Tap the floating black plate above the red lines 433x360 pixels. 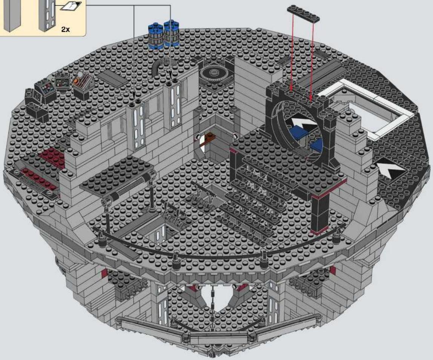304,14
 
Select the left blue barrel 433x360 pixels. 156,36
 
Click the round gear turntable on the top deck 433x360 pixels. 213,74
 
